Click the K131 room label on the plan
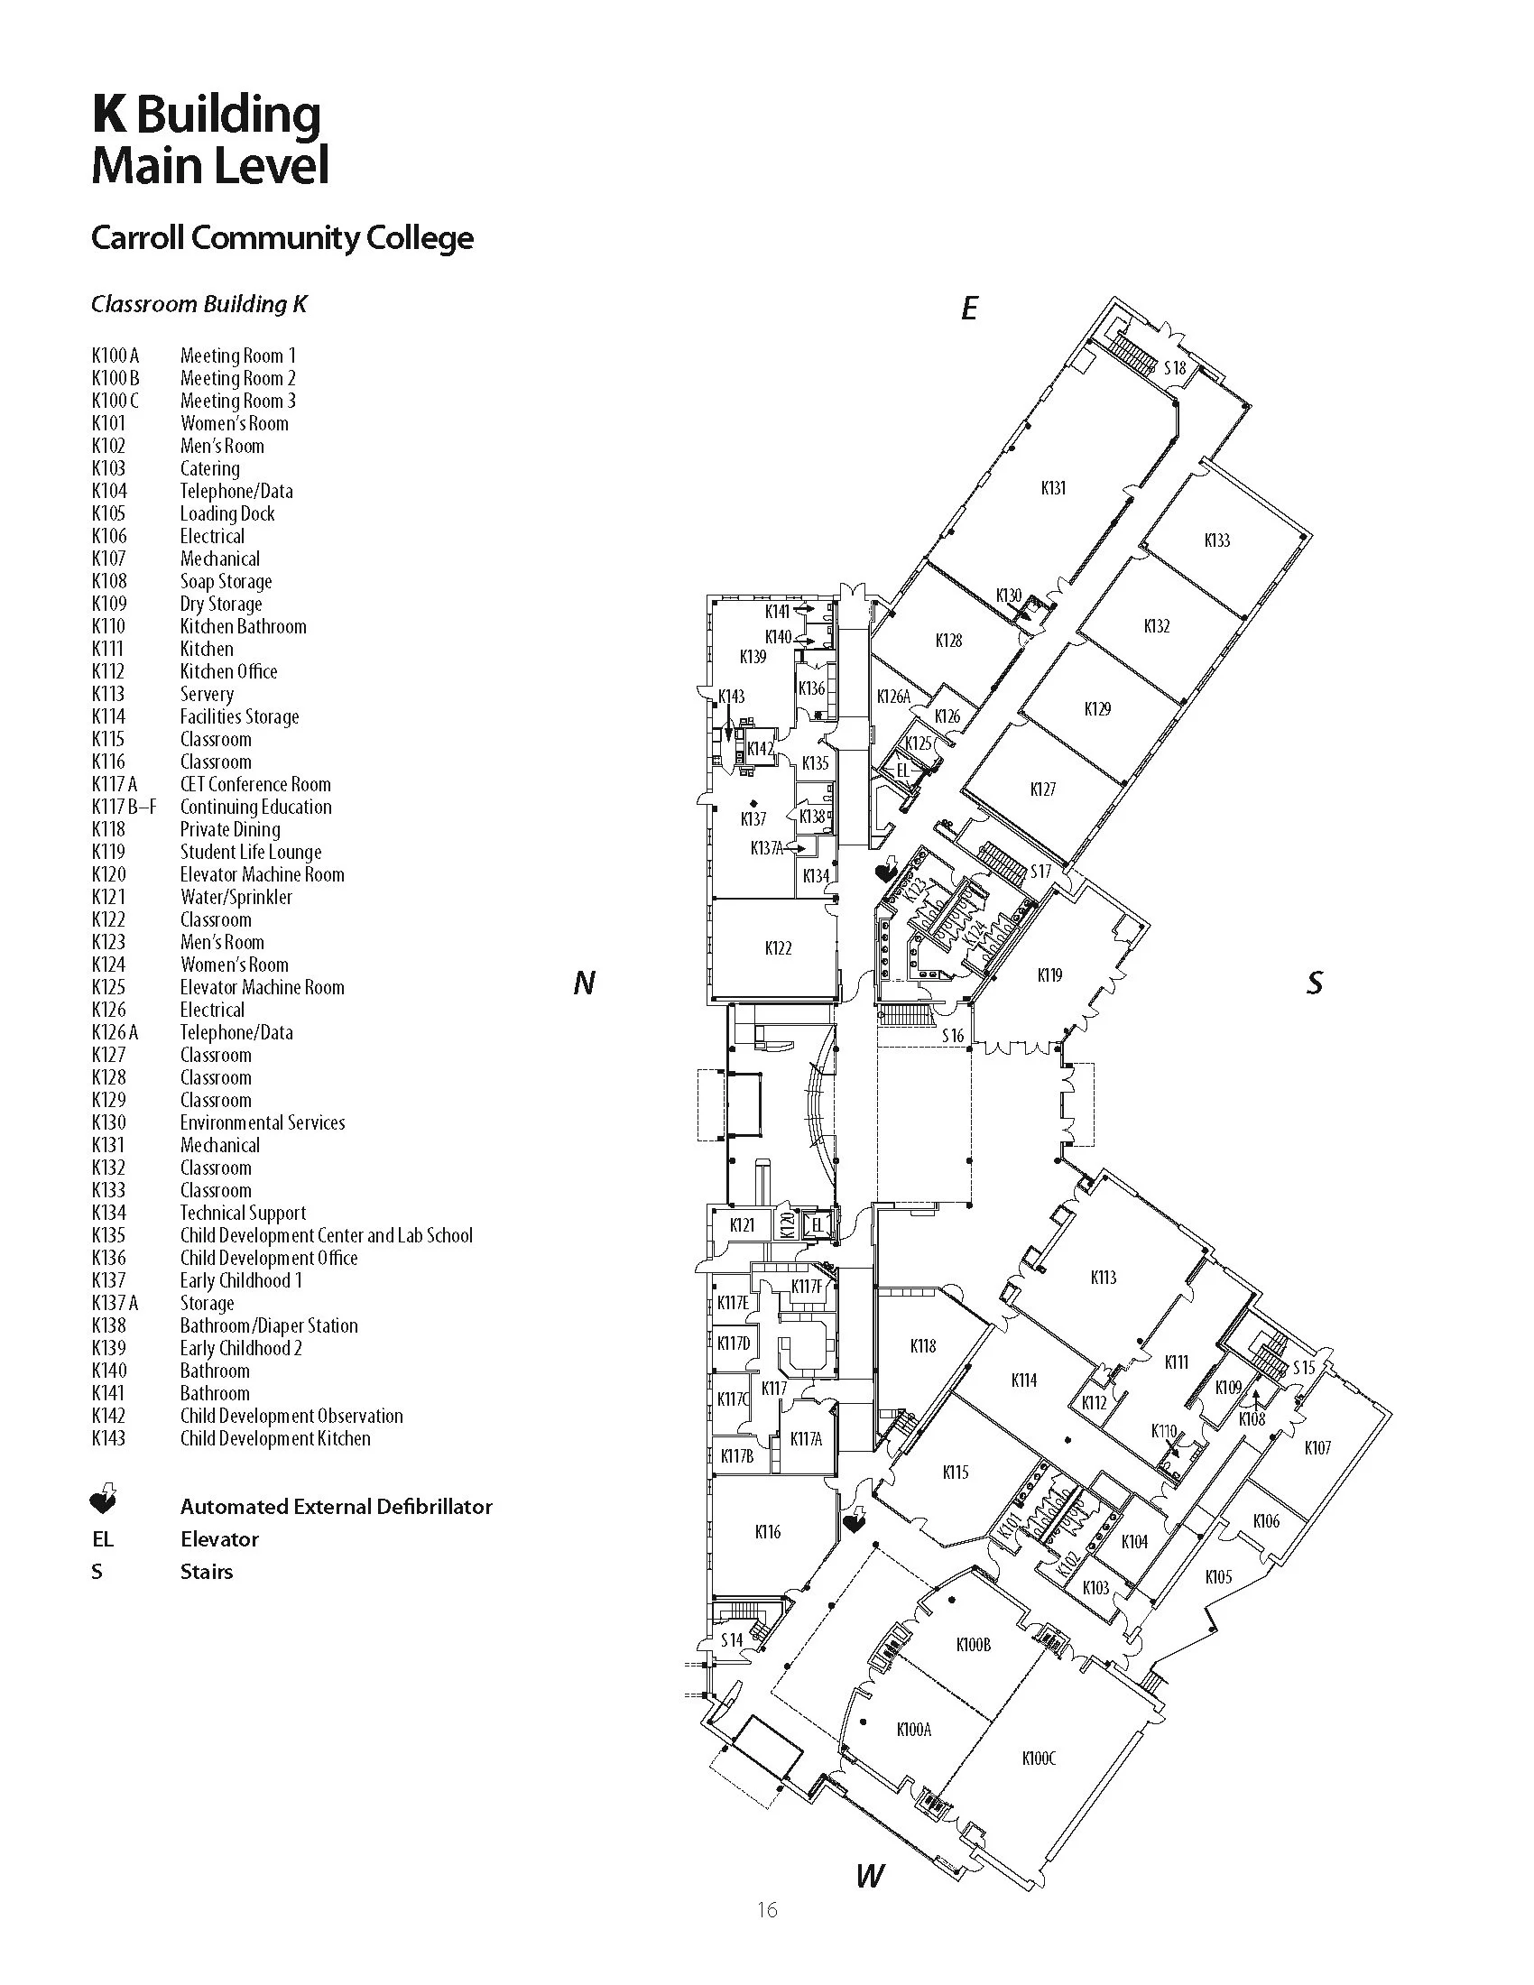[1052, 488]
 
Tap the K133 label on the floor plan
[1217, 540]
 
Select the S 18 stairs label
[1175, 368]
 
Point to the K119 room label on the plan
[1049, 975]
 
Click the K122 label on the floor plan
[778, 948]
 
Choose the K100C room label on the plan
[1039, 1758]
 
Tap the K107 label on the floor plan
[1317, 1448]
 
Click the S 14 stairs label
[732, 1639]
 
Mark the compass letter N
[585, 983]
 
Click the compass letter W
[870, 1874]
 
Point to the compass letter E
[969, 309]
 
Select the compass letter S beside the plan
[1314, 983]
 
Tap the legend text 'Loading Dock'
[227, 513]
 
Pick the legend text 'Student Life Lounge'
[251, 852]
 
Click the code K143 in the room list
[109, 1438]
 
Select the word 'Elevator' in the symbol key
[219, 1538]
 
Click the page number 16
[767, 1909]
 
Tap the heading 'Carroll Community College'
[282, 238]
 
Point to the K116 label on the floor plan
[768, 1532]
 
